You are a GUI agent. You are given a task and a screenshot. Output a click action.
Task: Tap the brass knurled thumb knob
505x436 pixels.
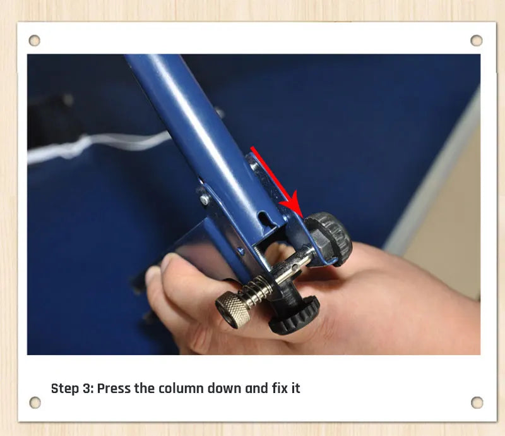tap(233, 309)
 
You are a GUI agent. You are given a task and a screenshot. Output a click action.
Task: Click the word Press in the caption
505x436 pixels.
tap(114, 389)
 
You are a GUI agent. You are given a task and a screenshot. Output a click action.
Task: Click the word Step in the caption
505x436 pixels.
tap(66, 389)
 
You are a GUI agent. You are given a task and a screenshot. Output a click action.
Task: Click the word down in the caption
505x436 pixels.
tap(225, 388)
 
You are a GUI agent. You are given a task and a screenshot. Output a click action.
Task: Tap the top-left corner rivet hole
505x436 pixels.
tap(35, 40)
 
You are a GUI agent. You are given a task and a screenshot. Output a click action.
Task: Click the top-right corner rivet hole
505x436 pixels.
tap(477, 40)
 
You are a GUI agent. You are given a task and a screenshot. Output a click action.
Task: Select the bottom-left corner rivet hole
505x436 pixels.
tap(35, 403)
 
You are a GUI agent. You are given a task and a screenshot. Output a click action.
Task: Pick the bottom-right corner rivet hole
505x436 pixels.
tap(477, 403)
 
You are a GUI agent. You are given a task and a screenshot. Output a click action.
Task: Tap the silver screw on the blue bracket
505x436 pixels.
tap(205, 200)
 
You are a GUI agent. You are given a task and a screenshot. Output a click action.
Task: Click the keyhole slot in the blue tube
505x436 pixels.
tap(264, 219)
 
